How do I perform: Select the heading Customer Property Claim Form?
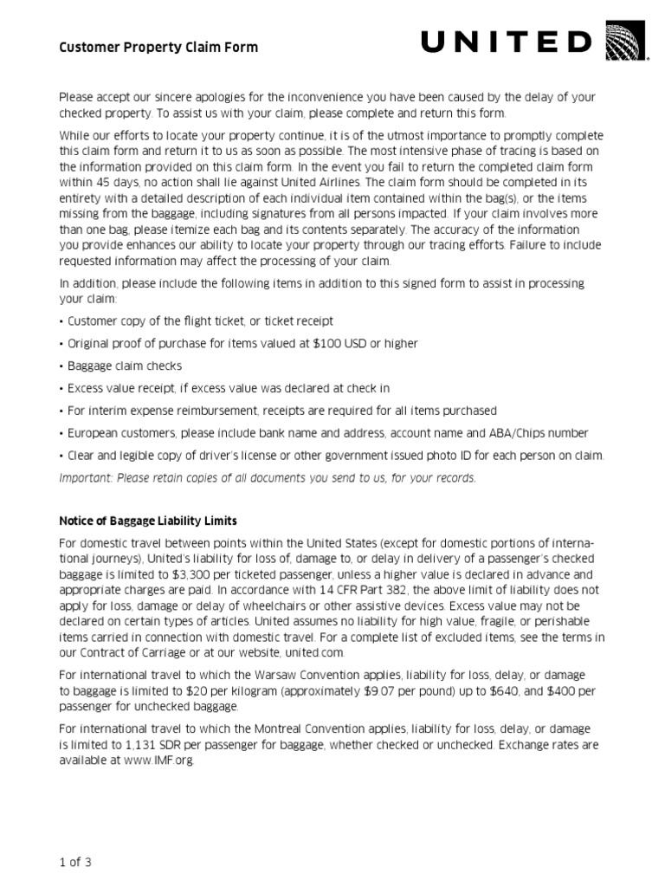coord(158,48)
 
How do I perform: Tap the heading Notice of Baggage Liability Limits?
coord(148,521)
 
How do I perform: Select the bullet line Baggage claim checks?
coord(120,366)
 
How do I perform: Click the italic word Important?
coord(85,478)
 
